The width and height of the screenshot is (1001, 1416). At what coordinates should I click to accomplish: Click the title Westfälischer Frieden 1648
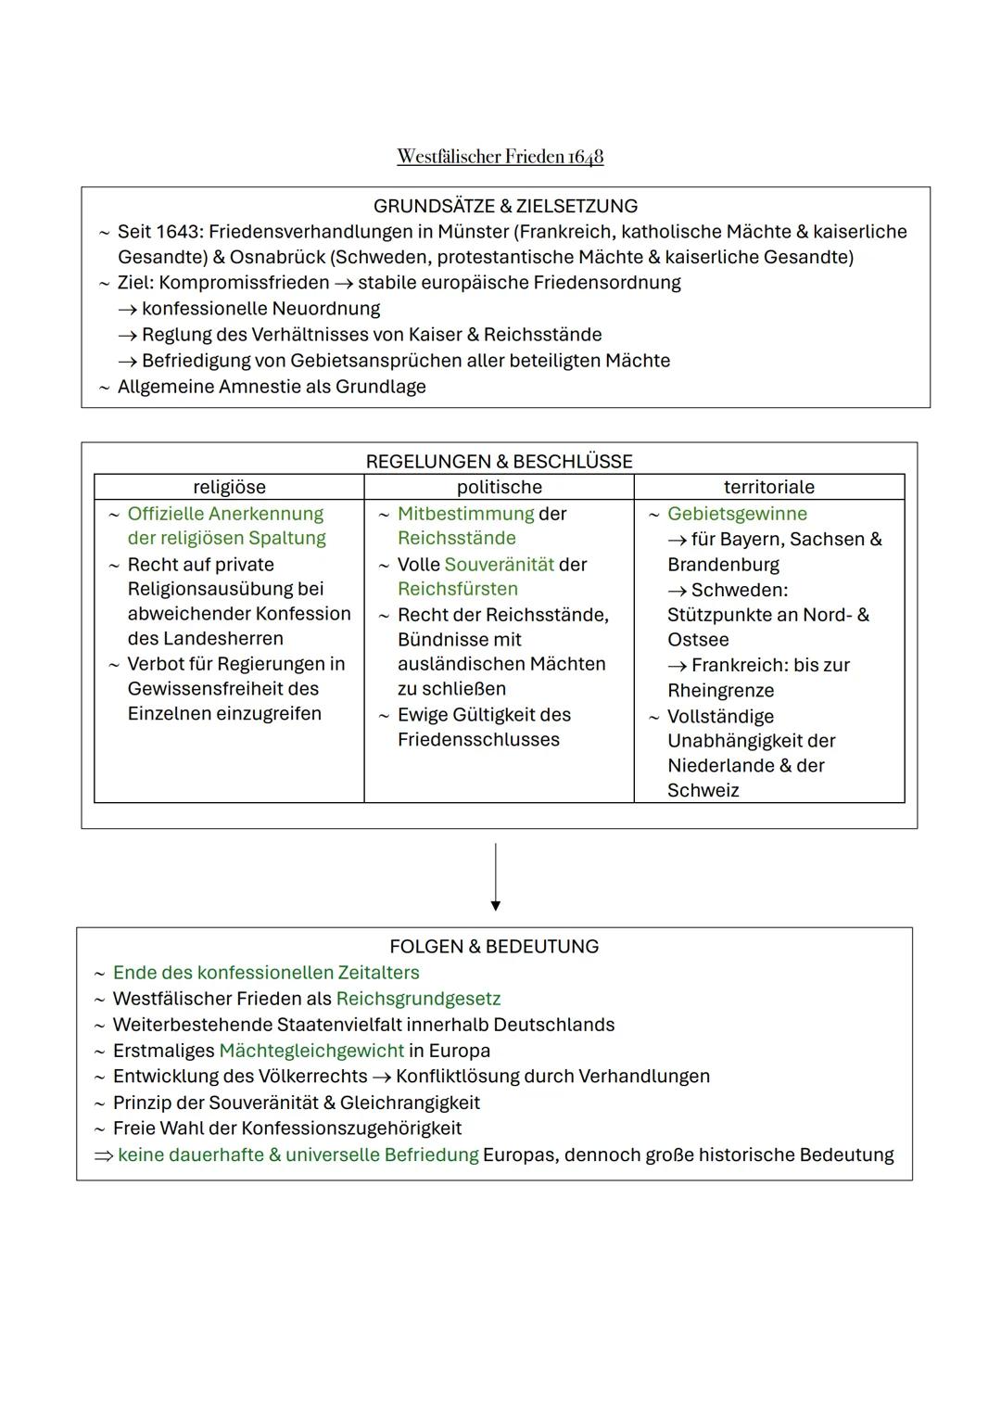point(500,157)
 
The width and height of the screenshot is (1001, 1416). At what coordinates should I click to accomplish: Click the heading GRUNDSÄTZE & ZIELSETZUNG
point(505,206)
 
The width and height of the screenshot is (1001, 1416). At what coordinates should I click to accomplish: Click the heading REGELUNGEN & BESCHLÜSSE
point(499,462)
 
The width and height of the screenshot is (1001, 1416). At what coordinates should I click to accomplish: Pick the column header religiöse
point(229,487)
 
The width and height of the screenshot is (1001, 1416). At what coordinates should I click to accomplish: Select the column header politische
point(499,487)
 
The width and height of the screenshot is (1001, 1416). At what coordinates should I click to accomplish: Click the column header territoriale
point(768,487)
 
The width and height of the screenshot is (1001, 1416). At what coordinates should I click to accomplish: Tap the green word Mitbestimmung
point(465,514)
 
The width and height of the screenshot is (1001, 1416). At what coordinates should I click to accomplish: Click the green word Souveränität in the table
point(499,565)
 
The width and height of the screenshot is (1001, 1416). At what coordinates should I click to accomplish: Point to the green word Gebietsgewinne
point(737,514)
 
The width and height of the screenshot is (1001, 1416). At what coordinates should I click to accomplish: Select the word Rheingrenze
point(720,691)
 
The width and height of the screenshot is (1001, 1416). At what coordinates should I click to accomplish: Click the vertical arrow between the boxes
point(496,876)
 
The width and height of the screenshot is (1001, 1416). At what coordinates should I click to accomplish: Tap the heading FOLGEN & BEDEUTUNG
point(494,947)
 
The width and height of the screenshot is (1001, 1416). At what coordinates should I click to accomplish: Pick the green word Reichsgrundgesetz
point(418,999)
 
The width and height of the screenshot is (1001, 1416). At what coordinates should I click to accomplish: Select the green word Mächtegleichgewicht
point(311,1051)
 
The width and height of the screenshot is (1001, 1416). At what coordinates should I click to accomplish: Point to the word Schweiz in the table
point(703,791)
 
